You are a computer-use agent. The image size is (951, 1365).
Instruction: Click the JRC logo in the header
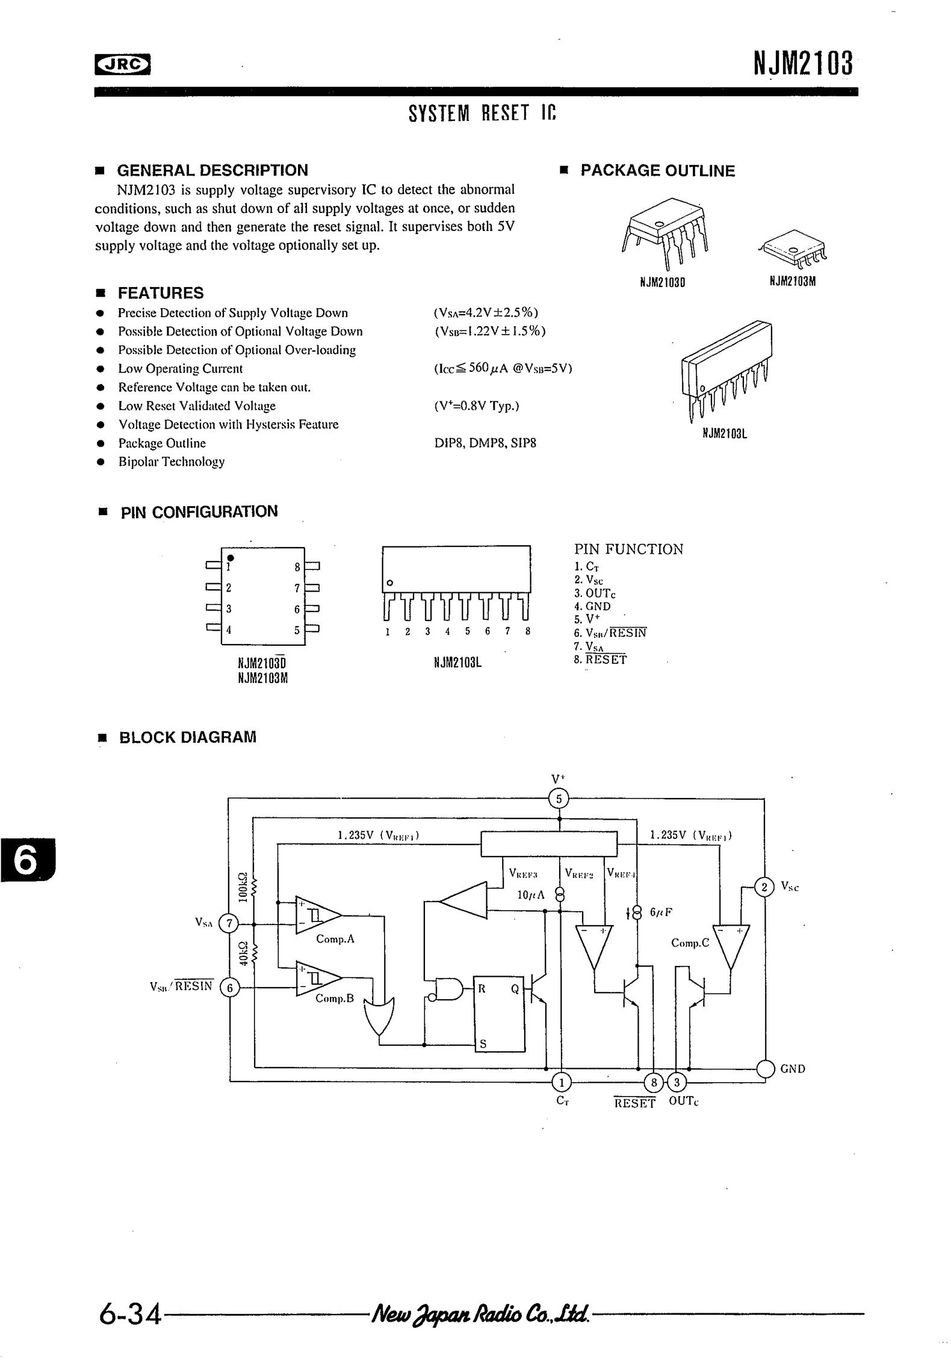pyautogui.click(x=122, y=64)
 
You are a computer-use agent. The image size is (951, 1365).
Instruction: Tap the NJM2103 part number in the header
pyautogui.click(x=803, y=63)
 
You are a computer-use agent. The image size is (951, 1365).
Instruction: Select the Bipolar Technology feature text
pyautogui.click(x=171, y=462)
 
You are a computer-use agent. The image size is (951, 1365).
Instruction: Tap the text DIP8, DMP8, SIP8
pyautogui.click(x=485, y=443)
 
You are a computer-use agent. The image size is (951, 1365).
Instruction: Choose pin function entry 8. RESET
pyautogui.click(x=600, y=660)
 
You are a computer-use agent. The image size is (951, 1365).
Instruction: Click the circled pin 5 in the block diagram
pyautogui.click(x=559, y=799)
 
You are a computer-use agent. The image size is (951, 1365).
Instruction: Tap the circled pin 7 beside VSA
pyautogui.click(x=229, y=923)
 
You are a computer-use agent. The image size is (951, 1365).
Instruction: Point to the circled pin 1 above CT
pyautogui.click(x=562, y=1083)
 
